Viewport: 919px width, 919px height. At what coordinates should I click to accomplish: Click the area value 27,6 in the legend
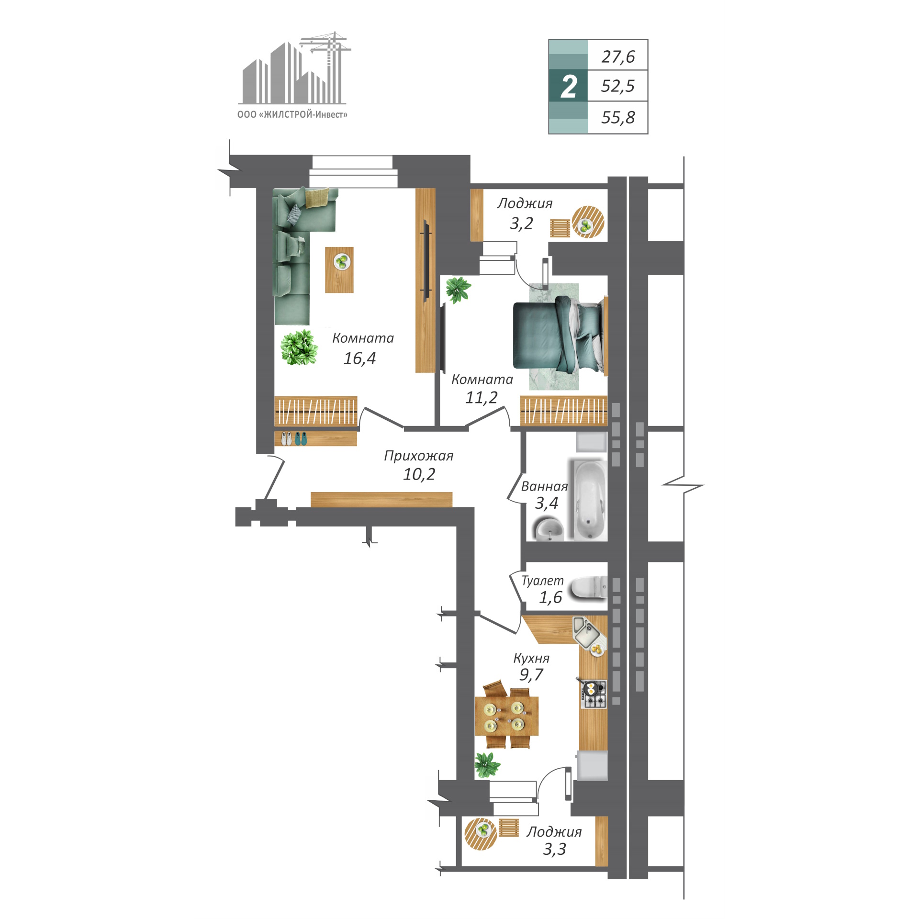618,57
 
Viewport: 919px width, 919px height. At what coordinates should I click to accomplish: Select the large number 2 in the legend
569,87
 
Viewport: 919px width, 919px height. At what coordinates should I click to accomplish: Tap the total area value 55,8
618,117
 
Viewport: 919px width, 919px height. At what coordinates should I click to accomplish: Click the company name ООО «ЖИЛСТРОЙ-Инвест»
292,114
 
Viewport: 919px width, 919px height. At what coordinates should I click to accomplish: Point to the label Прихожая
419,456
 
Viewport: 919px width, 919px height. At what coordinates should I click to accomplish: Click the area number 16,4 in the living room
359,359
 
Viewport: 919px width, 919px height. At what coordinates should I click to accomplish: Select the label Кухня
531,658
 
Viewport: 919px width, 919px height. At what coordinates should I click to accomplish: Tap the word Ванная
544,486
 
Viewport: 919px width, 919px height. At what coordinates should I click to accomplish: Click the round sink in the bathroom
549,530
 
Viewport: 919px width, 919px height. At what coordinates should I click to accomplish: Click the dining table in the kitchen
506,716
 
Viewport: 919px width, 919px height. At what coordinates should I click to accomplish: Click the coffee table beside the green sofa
339,270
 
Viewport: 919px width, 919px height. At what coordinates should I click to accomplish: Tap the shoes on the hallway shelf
294,438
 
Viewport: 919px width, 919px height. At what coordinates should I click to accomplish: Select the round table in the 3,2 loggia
588,222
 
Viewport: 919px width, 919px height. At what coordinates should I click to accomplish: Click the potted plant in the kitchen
487,765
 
